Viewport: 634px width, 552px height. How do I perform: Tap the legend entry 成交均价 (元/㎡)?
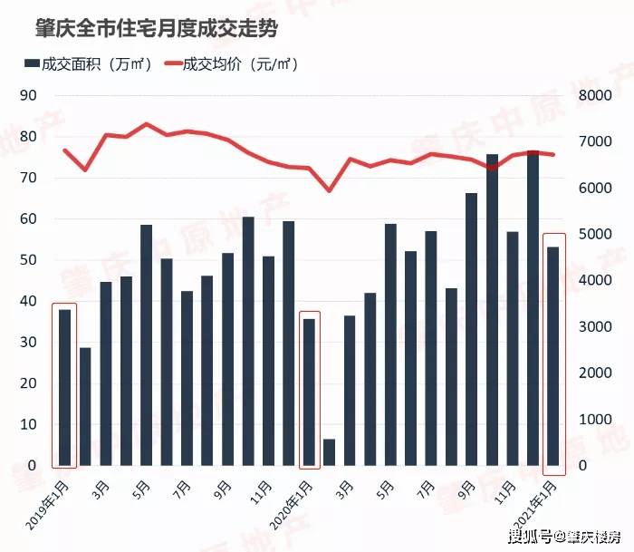pyautogui.click(x=231, y=64)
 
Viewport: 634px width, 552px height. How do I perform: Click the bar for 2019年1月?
pyautogui.click(x=64, y=388)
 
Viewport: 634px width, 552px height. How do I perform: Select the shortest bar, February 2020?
pyautogui.click(x=329, y=452)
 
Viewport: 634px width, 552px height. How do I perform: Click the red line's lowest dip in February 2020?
pyautogui.click(x=329, y=189)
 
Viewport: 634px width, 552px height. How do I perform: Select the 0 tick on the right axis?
pyautogui.click(x=584, y=466)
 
